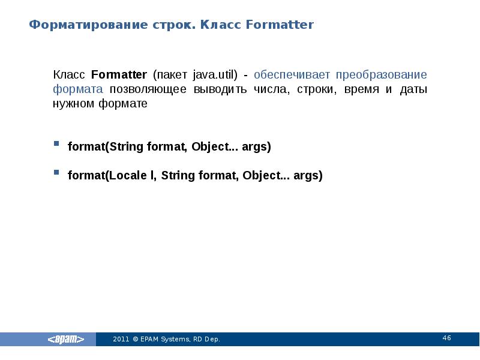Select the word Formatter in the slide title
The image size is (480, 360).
point(281,25)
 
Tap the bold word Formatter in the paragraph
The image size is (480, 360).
point(119,75)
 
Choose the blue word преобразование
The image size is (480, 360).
point(382,75)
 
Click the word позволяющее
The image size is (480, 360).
point(148,89)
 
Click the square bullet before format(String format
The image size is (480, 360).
point(56,145)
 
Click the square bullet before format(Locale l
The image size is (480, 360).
point(56,173)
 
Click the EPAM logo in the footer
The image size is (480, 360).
point(66,340)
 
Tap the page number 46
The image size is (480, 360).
point(446,338)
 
